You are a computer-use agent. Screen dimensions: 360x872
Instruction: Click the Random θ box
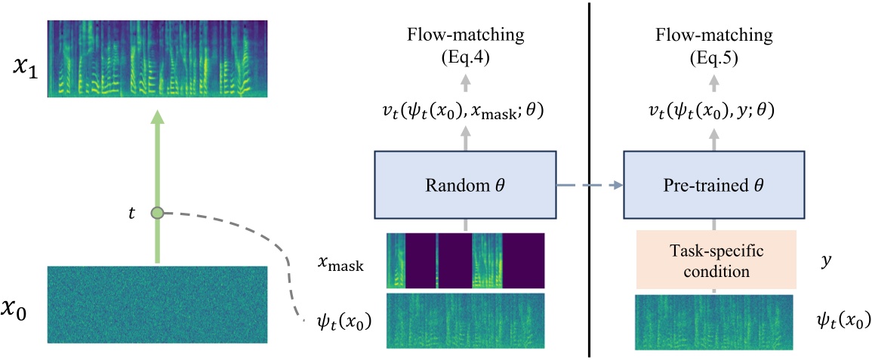click(465, 183)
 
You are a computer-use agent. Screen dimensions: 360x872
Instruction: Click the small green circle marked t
click(157, 214)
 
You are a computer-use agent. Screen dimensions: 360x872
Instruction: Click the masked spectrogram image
click(465, 260)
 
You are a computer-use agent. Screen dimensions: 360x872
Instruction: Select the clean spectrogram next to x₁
click(157, 59)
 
